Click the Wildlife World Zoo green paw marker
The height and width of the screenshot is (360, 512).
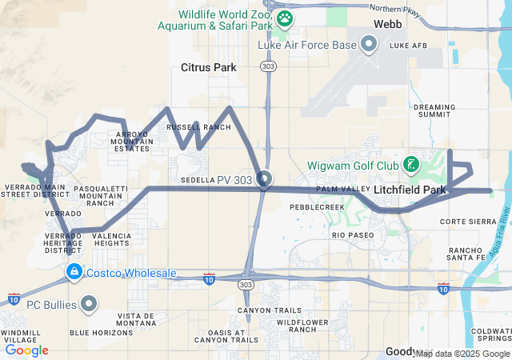[x=285, y=17]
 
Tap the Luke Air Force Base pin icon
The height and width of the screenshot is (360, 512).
[x=369, y=45]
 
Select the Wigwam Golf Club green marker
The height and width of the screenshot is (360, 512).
[x=410, y=166]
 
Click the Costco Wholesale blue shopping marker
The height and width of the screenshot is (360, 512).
[x=74, y=273]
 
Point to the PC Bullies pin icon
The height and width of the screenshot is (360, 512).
[x=89, y=304]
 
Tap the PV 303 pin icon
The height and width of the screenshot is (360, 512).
[x=265, y=179]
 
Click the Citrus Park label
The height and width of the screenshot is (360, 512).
[x=209, y=68]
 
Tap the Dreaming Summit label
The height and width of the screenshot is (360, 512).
[x=434, y=110]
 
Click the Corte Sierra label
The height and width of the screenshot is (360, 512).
[x=462, y=222]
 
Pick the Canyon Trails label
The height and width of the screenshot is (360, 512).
[x=270, y=310]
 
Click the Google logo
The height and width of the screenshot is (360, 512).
[x=26, y=350]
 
